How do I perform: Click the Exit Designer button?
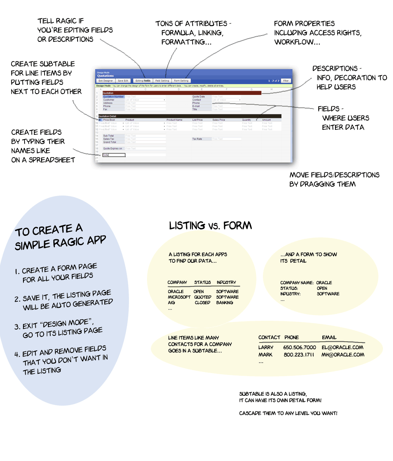[106, 81]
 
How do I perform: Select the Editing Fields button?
[143, 81]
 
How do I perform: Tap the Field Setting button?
[162, 81]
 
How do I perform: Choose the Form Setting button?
[181, 81]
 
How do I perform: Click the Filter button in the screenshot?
[286, 81]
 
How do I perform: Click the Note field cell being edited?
[114, 155]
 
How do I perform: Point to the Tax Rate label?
[197, 139]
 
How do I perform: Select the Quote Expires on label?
[112, 148]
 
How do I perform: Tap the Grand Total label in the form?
[110, 142]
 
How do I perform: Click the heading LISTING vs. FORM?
[210, 226]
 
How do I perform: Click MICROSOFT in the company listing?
[179, 297]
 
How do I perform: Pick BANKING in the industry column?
[225, 303]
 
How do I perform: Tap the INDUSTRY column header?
[226, 282]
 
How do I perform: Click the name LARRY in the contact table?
[266, 347]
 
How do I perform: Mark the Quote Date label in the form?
[198, 97]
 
